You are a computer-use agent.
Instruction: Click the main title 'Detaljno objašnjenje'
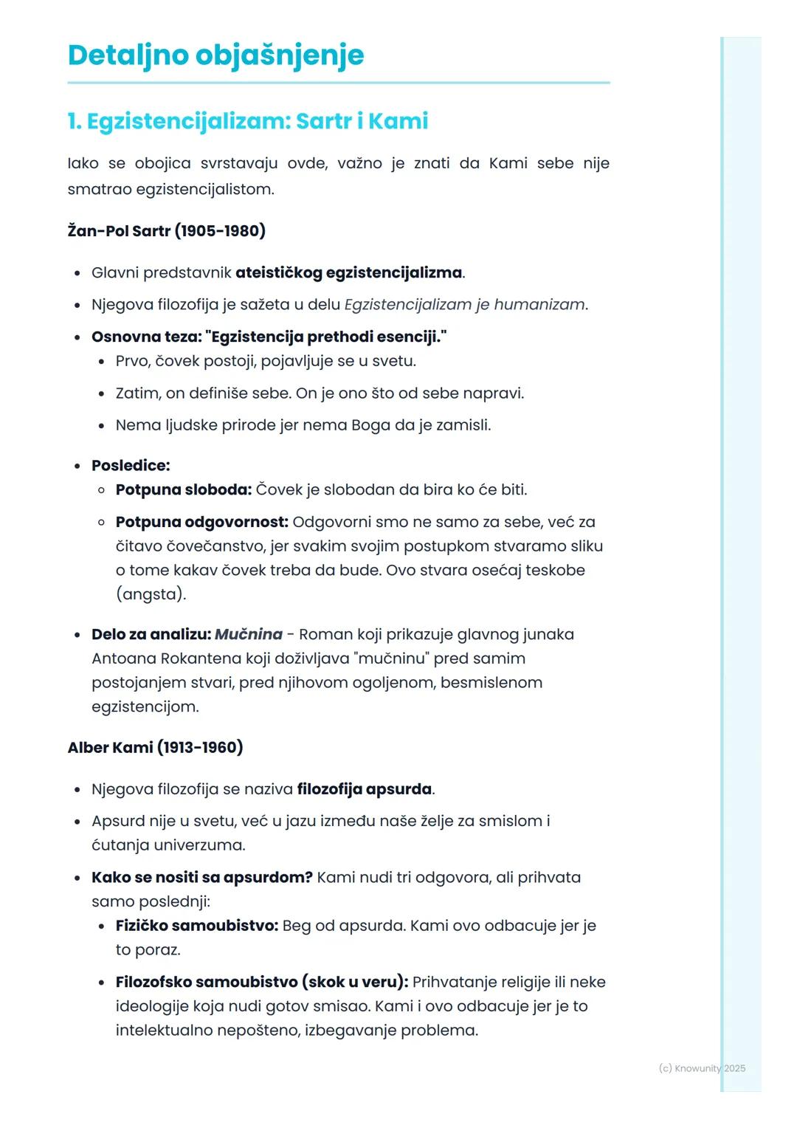[215, 55]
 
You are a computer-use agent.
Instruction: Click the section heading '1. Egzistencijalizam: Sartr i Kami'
[247, 121]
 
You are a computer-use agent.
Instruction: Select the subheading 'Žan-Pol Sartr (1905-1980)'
[166, 231]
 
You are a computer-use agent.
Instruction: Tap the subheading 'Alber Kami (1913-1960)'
[155, 747]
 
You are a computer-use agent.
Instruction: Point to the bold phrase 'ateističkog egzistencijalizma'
[348, 273]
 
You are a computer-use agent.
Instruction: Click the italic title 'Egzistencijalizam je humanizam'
[464, 305]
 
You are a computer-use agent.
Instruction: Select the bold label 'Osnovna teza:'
[145, 337]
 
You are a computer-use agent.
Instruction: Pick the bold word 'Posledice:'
[131, 466]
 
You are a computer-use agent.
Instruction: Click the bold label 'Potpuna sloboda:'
[183, 490]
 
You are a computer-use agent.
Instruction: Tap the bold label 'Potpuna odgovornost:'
[201, 522]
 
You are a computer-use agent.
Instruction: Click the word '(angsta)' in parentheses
[151, 594]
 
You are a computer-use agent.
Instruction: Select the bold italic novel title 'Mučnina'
[249, 635]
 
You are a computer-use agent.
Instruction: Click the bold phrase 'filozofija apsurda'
[364, 789]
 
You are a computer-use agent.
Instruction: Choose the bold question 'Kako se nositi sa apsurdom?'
[202, 878]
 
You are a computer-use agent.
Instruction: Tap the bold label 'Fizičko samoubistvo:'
[196, 926]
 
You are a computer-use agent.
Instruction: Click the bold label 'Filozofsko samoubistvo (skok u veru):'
[261, 983]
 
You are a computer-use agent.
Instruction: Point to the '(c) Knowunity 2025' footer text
[702, 1068]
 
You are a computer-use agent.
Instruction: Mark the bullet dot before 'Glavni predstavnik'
[77, 274]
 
